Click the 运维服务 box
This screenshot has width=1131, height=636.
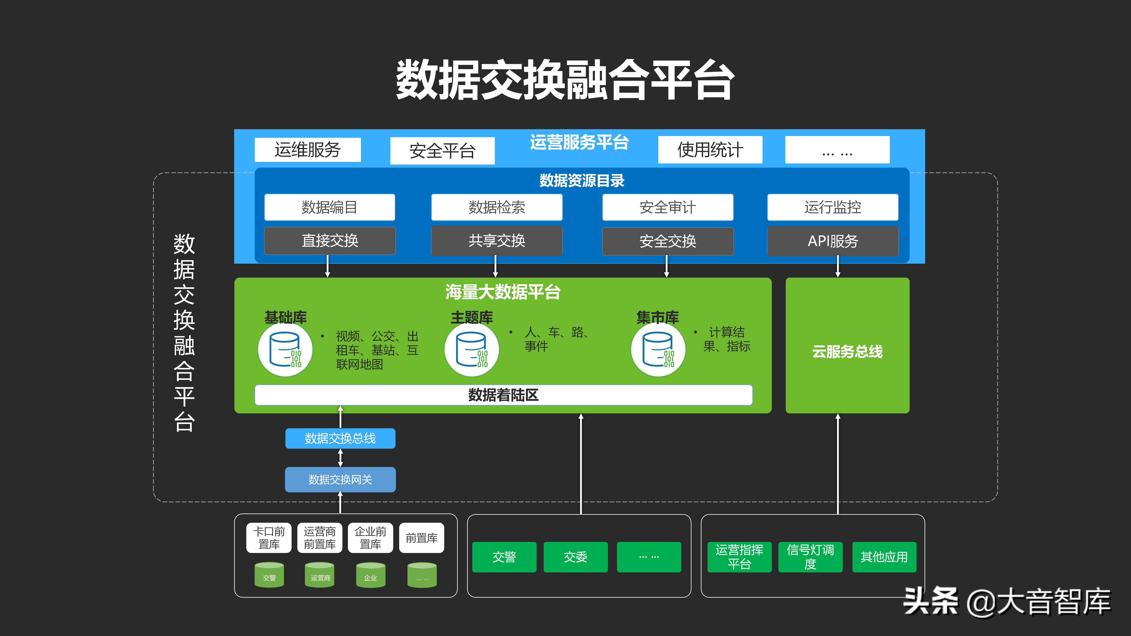pos(307,150)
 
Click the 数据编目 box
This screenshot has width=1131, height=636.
pos(329,207)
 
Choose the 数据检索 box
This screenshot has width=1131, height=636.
pos(497,207)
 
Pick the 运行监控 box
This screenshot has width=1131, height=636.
pos(832,207)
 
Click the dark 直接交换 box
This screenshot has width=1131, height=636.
pos(330,240)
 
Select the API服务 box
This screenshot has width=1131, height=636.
pos(832,241)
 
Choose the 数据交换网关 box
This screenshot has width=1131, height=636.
pos(340,479)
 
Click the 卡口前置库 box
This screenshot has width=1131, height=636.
pos(269,538)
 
